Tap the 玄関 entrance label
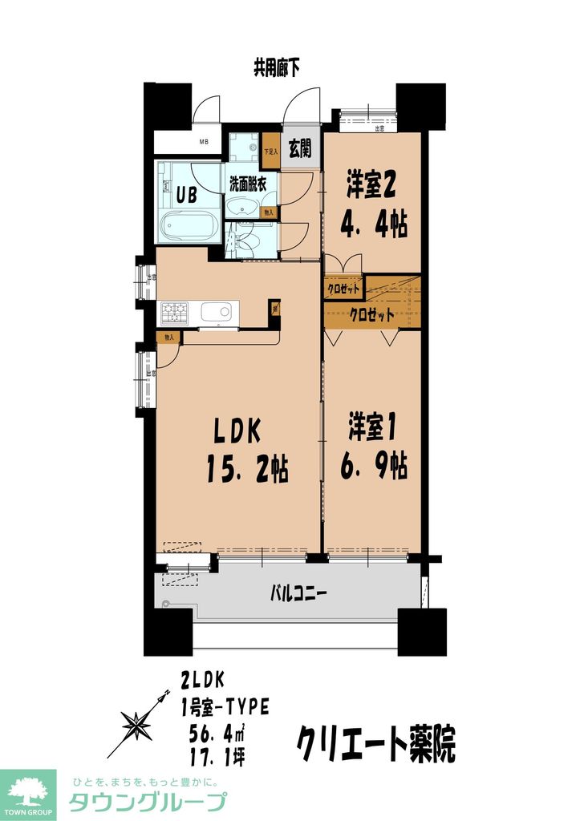pos(300,150)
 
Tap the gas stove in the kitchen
pos(174,311)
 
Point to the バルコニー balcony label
pos(297,595)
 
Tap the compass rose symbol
pos(137,724)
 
